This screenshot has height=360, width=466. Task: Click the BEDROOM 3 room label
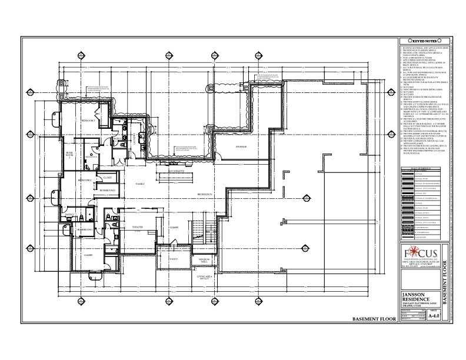[x=88, y=120]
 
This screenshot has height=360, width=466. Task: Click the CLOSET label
[x=107, y=177]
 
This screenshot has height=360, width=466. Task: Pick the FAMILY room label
[x=140, y=184]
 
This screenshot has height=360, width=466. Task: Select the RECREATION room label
[x=204, y=194]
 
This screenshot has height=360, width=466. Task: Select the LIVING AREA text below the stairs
[x=204, y=285]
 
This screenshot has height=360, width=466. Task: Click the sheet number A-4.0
[x=434, y=315]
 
